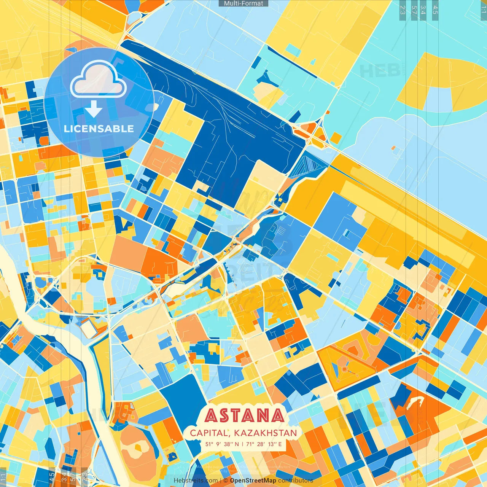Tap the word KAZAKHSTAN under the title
click(x=266, y=433)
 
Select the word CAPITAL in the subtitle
click(x=209, y=433)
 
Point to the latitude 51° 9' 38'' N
click(x=222, y=444)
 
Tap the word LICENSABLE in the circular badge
click(x=99, y=129)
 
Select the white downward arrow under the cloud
click(x=94, y=110)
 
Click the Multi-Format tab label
click(x=243, y=3)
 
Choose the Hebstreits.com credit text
click(x=196, y=481)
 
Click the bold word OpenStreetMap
click(x=253, y=481)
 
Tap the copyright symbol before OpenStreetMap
click(x=226, y=481)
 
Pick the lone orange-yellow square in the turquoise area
click(x=336, y=137)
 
